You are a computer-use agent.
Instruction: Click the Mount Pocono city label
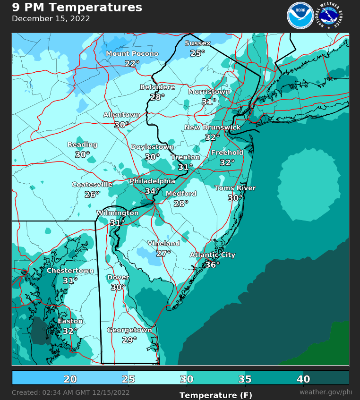coord(132,54)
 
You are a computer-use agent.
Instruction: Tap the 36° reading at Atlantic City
coord(212,265)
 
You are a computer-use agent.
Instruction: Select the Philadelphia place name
coord(152,181)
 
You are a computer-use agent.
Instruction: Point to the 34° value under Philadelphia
coord(152,191)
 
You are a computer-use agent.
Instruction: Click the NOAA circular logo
coord(300,15)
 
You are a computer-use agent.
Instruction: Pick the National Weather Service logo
coord(331,15)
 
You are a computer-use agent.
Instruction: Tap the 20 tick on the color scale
coord(70,379)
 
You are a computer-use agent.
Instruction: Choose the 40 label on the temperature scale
coord(303,379)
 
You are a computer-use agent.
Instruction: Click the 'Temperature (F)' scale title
coord(216,395)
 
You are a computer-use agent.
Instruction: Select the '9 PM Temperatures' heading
coord(77,8)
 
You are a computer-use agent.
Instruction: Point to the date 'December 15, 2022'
coord(51,19)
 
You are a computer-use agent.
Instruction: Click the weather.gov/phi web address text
coord(326,392)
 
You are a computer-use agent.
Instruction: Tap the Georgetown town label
coord(129,330)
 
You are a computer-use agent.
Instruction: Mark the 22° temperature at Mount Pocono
coord(132,63)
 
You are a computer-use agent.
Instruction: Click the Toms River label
coord(235,188)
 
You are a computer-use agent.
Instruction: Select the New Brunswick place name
coord(212,128)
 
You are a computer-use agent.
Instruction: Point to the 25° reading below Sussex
coord(197,53)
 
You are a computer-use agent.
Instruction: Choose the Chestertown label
coord(70,271)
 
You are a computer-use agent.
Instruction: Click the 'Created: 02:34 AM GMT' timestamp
coord(70,392)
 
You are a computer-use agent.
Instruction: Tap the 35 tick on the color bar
coord(245,379)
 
